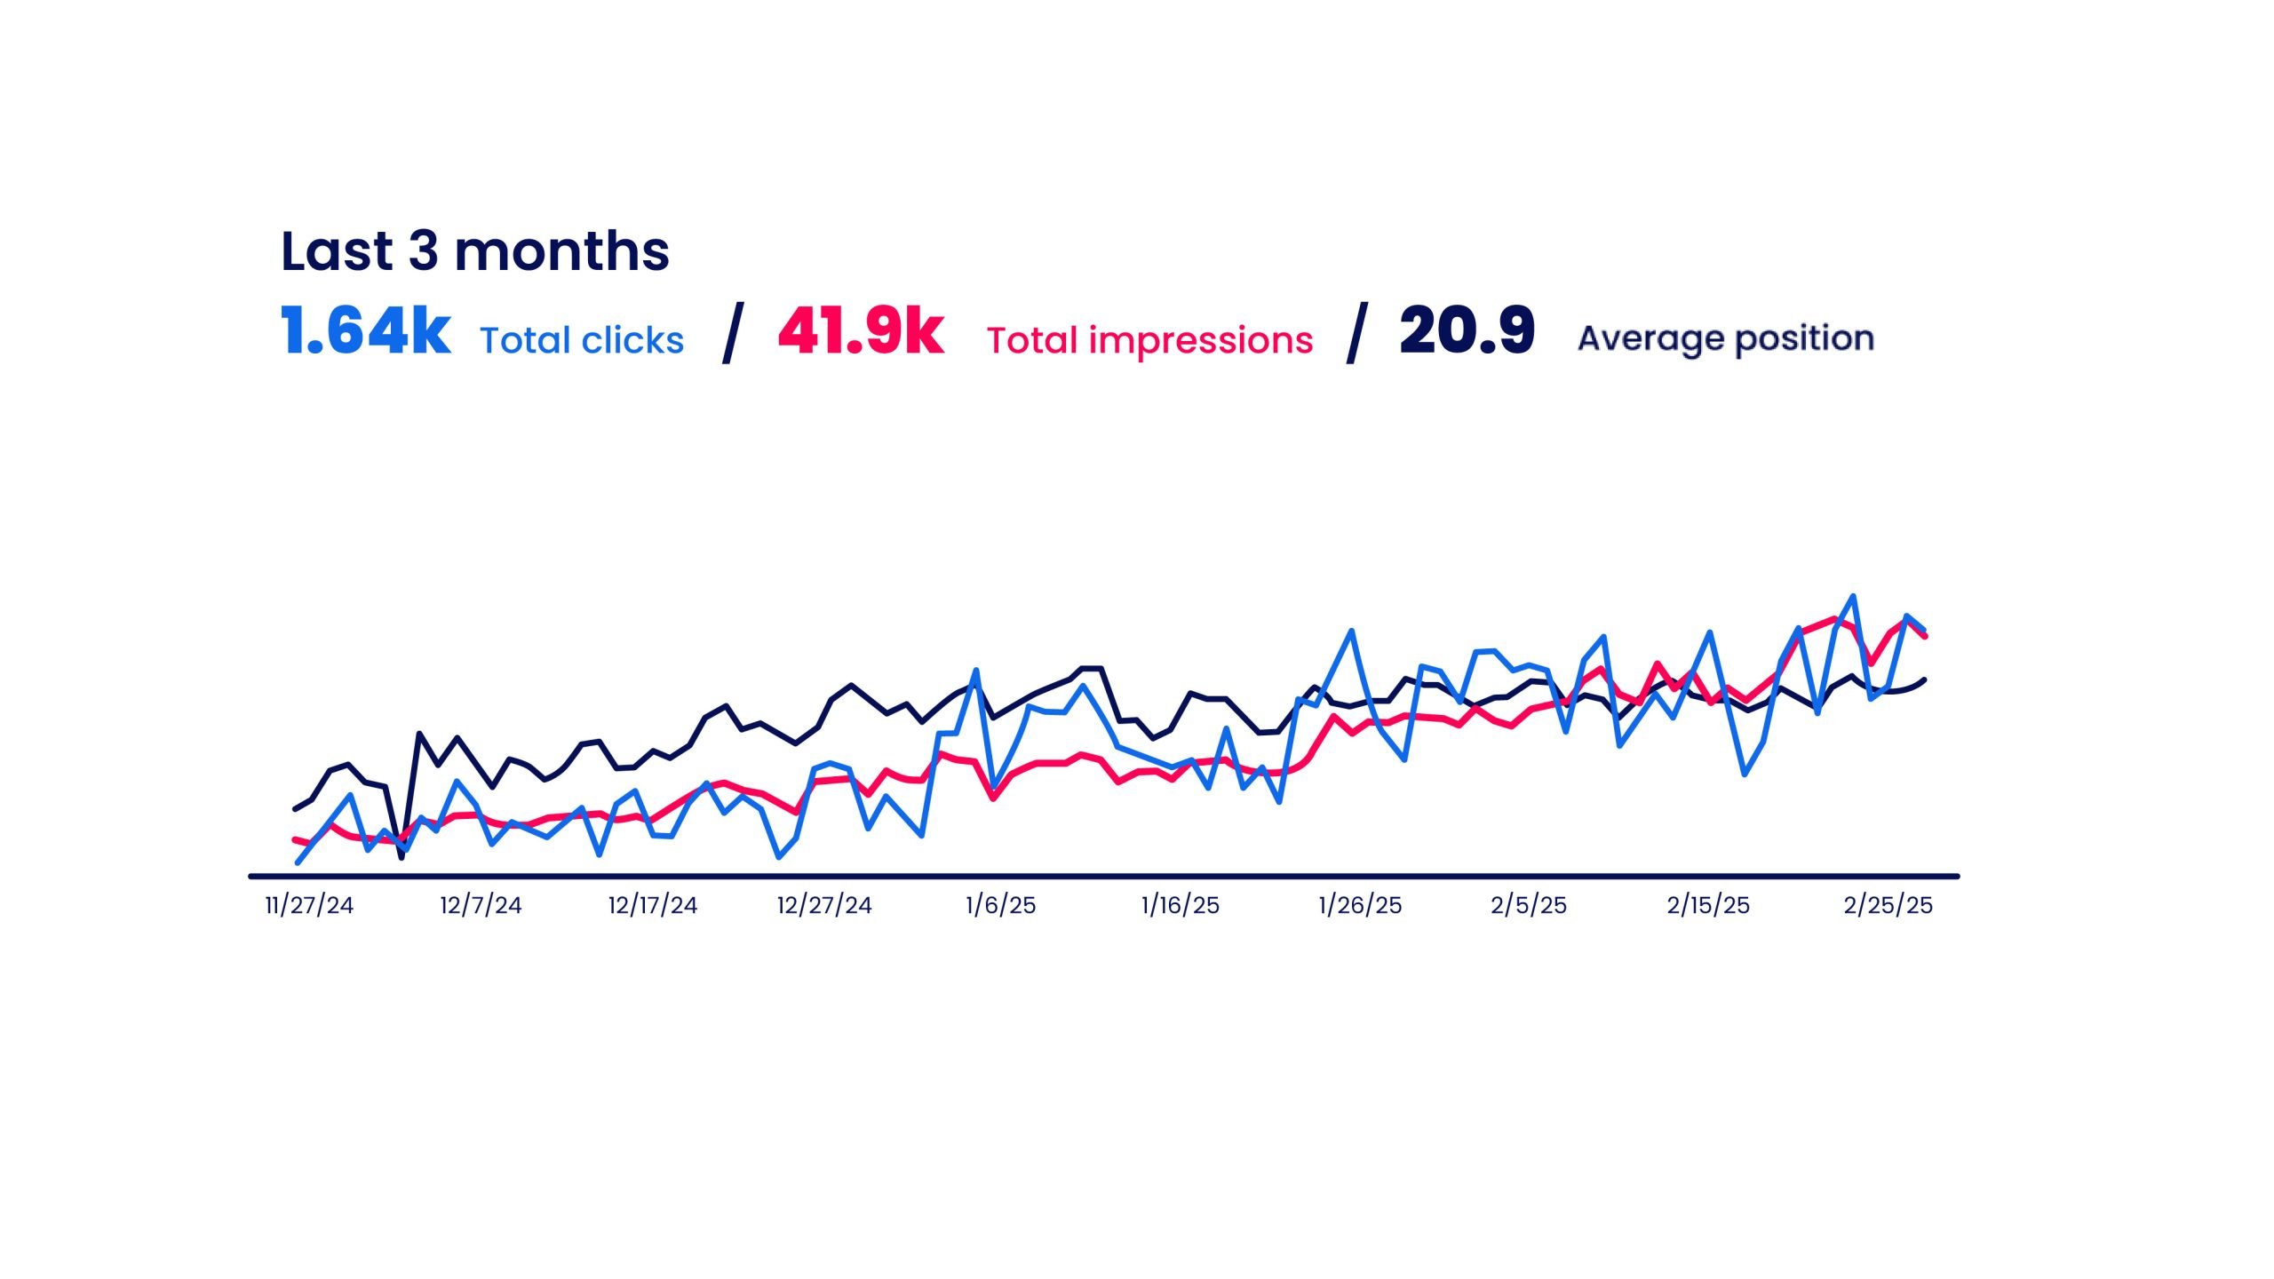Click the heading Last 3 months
(x=474, y=251)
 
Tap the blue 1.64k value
(x=365, y=331)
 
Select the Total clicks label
(x=582, y=340)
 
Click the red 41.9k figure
(x=860, y=331)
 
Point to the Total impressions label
(x=1149, y=340)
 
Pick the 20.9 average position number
(x=1467, y=331)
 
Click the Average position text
(x=1725, y=338)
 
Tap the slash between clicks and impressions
(x=731, y=333)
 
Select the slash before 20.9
(x=1356, y=333)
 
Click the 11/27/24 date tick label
(x=309, y=905)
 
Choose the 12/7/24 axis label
(x=481, y=905)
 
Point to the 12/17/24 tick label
(x=653, y=905)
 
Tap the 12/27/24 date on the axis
(x=824, y=905)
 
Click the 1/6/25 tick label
(x=1000, y=905)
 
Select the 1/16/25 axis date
(x=1180, y=905)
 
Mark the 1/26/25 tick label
(x=1360, y=905)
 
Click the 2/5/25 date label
(x=1529, y=905)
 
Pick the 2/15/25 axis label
(x=1708, y=905)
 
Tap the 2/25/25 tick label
(x=1888, y=905)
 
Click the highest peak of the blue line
(x=1852, y=597)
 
